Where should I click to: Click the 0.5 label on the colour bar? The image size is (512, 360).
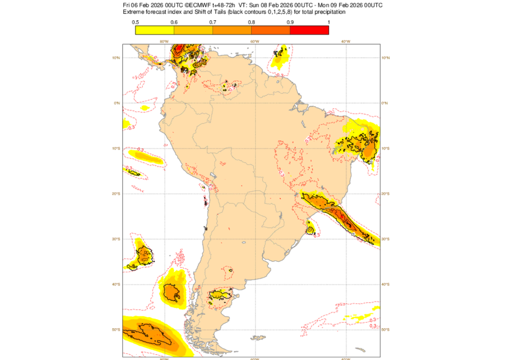point(135,22)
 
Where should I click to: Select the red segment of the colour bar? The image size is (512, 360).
point(309,30)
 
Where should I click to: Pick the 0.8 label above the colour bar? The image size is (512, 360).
point(251,22)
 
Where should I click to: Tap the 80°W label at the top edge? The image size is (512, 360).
point(164,41)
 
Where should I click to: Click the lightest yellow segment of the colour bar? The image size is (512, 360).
point(155,30)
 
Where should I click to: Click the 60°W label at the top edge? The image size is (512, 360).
point(254,41)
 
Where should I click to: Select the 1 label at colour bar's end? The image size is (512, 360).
point(329,22)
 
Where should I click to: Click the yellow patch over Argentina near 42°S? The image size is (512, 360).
point(220,294)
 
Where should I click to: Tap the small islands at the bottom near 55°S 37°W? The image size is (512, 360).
point(361,349)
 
